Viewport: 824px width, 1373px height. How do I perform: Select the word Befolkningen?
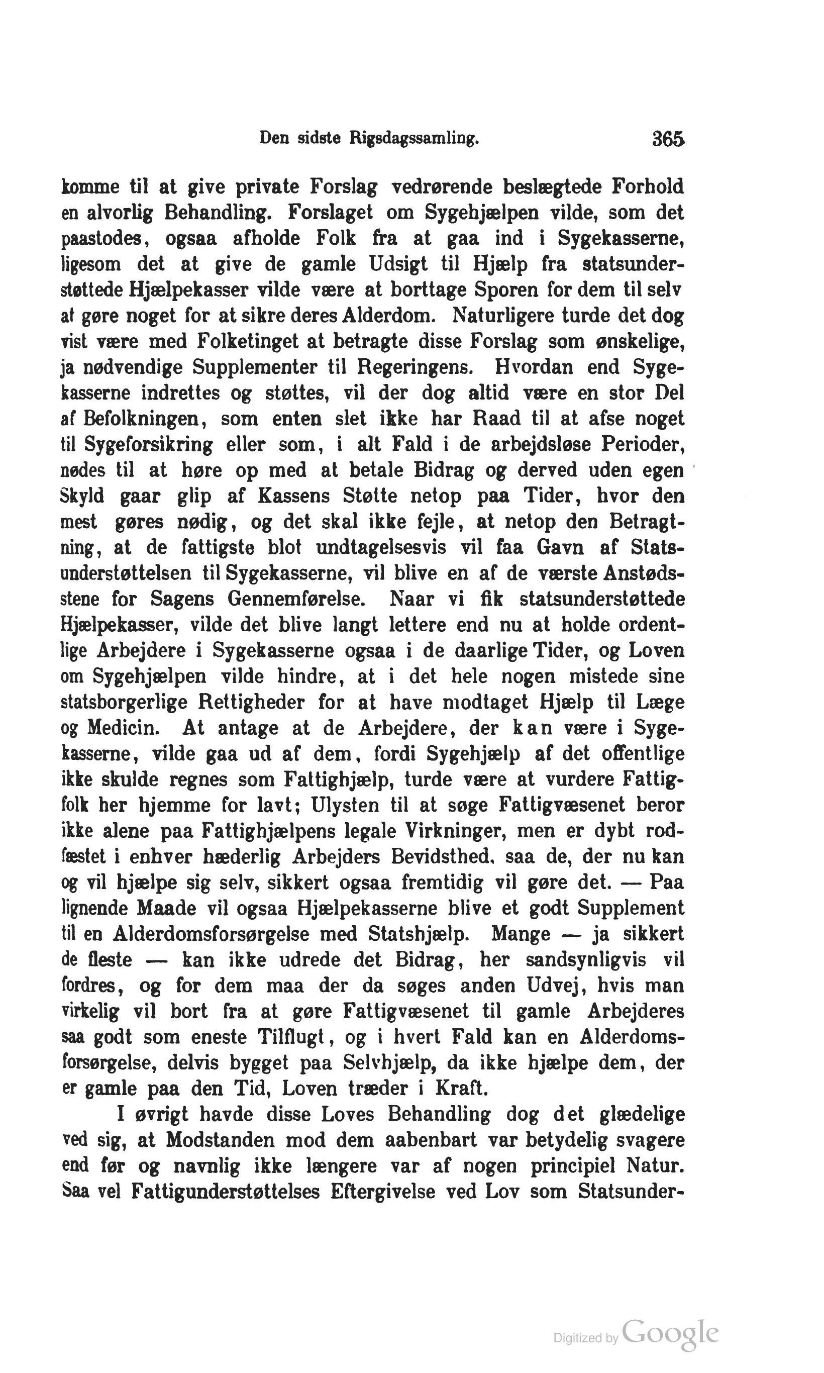point(144,419)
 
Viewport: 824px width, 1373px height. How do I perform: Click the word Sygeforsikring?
point(148,445)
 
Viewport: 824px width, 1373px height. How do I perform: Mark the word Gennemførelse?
point(297,599)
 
